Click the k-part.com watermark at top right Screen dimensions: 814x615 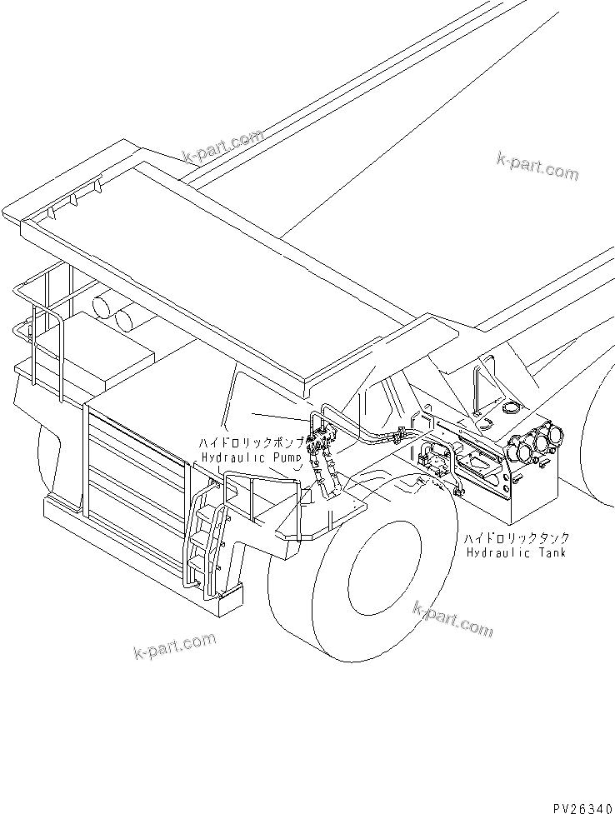(537, 166)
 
